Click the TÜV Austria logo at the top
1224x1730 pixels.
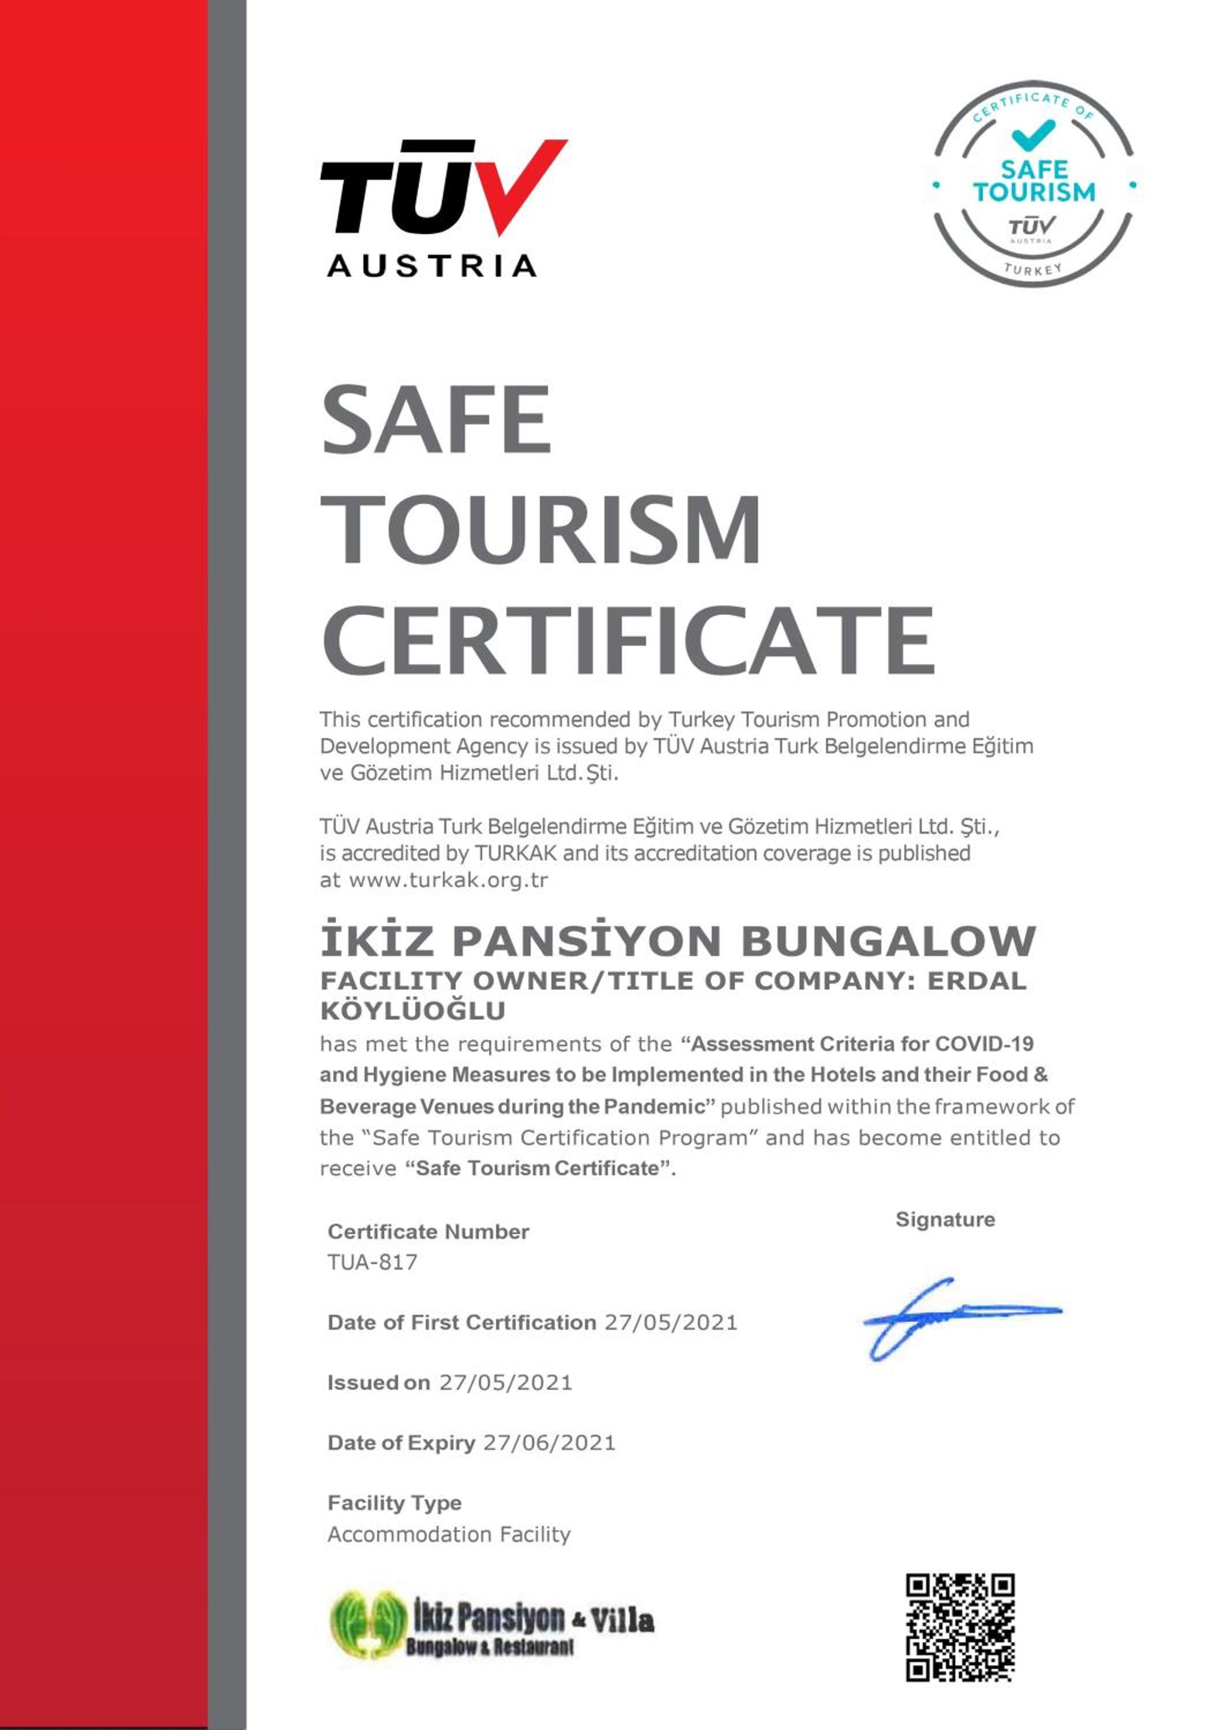[443, 209]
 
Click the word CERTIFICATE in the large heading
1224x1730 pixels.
[629, 641]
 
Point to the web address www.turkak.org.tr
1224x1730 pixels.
[448, 880]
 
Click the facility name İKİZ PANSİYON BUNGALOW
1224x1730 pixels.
[678, 941]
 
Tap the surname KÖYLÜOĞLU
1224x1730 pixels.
[413, 1011]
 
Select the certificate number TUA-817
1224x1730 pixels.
[372, 1262]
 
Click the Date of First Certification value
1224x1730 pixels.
[671, 1322]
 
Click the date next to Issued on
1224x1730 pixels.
[506, 1383]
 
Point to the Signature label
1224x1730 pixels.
[945, 1220]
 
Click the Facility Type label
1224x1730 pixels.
[394, 1503]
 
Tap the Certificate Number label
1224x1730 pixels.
[428, 1232]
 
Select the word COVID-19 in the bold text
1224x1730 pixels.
[984, 1044]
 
